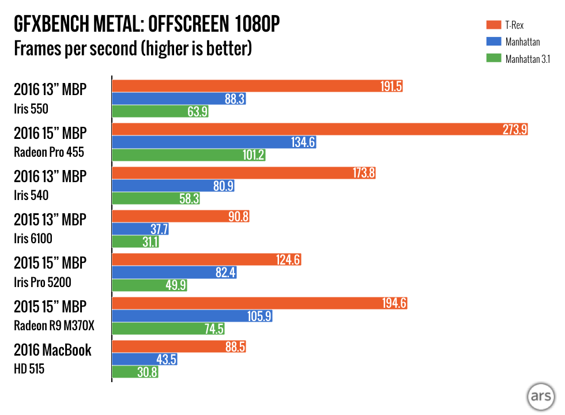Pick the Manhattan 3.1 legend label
pyautogui.click(x=528, y=58)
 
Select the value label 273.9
pyautogui.click(x=515, y=130)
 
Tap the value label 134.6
pyautogui.click(x=303, y=142)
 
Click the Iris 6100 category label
pyautogui.click(x=37, y=239)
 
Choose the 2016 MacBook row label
pyautogui.click(x=52, y=350)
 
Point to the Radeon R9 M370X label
pyautogui.click(x=54, y=326)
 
